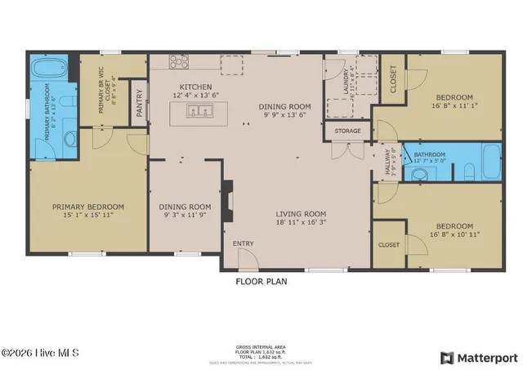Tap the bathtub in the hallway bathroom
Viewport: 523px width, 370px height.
point(490,162)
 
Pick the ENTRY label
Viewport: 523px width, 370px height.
point(243,243)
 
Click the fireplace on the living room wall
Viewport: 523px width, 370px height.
point(229,200)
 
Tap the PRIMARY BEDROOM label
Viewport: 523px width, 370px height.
point(88,207)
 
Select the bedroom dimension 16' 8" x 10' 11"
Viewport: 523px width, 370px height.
point(454,235)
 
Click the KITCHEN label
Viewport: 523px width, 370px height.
point(196,87)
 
